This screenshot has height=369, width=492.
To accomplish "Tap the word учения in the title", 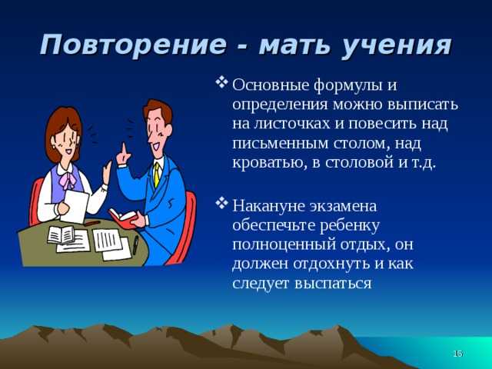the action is [x=397, y=47].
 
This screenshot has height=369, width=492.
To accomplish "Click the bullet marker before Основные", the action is [x=221, y=82].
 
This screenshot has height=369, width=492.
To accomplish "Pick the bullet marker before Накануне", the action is [x=221, y=203].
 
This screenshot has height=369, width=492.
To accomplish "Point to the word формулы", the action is [x=347, y=86].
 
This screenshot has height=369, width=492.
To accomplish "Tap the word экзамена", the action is [x=343, y=207].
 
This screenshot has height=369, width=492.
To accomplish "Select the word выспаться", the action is [x=333, y=284].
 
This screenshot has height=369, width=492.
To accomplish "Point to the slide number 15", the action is [x=458, y=354].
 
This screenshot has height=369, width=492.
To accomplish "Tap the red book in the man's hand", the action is [x=123, y=218].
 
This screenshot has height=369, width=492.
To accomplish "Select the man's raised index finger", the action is [x=125, y=149].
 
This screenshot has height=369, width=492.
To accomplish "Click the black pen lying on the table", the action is [x=135, y=244].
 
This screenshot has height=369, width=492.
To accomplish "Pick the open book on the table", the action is [x=61, y=235].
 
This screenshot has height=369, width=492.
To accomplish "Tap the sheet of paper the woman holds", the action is [x=75, y=206].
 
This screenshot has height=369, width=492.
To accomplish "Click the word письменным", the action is [x=280, y=145].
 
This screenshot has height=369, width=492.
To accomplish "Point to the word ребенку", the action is [x=350, y=227].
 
